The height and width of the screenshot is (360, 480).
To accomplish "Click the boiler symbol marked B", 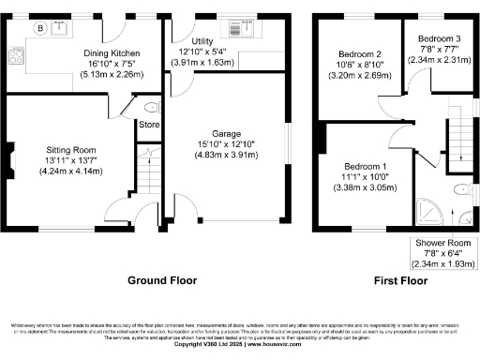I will [39, 28].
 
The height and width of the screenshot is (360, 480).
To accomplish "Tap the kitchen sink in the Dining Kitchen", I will [63, 28].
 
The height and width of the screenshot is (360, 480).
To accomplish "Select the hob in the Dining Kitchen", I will [16, 55].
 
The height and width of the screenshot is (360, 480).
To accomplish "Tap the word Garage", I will [229, 133].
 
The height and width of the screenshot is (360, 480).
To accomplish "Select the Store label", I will [150, 124].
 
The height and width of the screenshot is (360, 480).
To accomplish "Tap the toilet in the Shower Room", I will [460, 190].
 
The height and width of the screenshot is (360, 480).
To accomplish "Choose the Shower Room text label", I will [442, 243].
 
